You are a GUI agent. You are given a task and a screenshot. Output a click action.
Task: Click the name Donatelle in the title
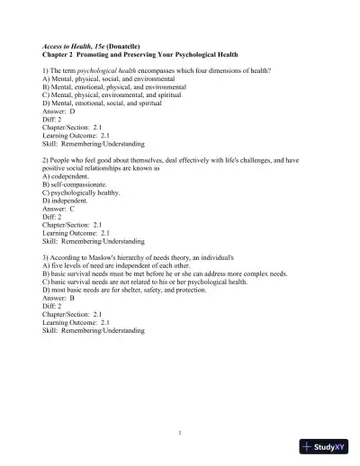pyautogui.click(x=123, y=43)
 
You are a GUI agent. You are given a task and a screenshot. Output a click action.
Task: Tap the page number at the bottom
pyautogui.click(x=180, y=433)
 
